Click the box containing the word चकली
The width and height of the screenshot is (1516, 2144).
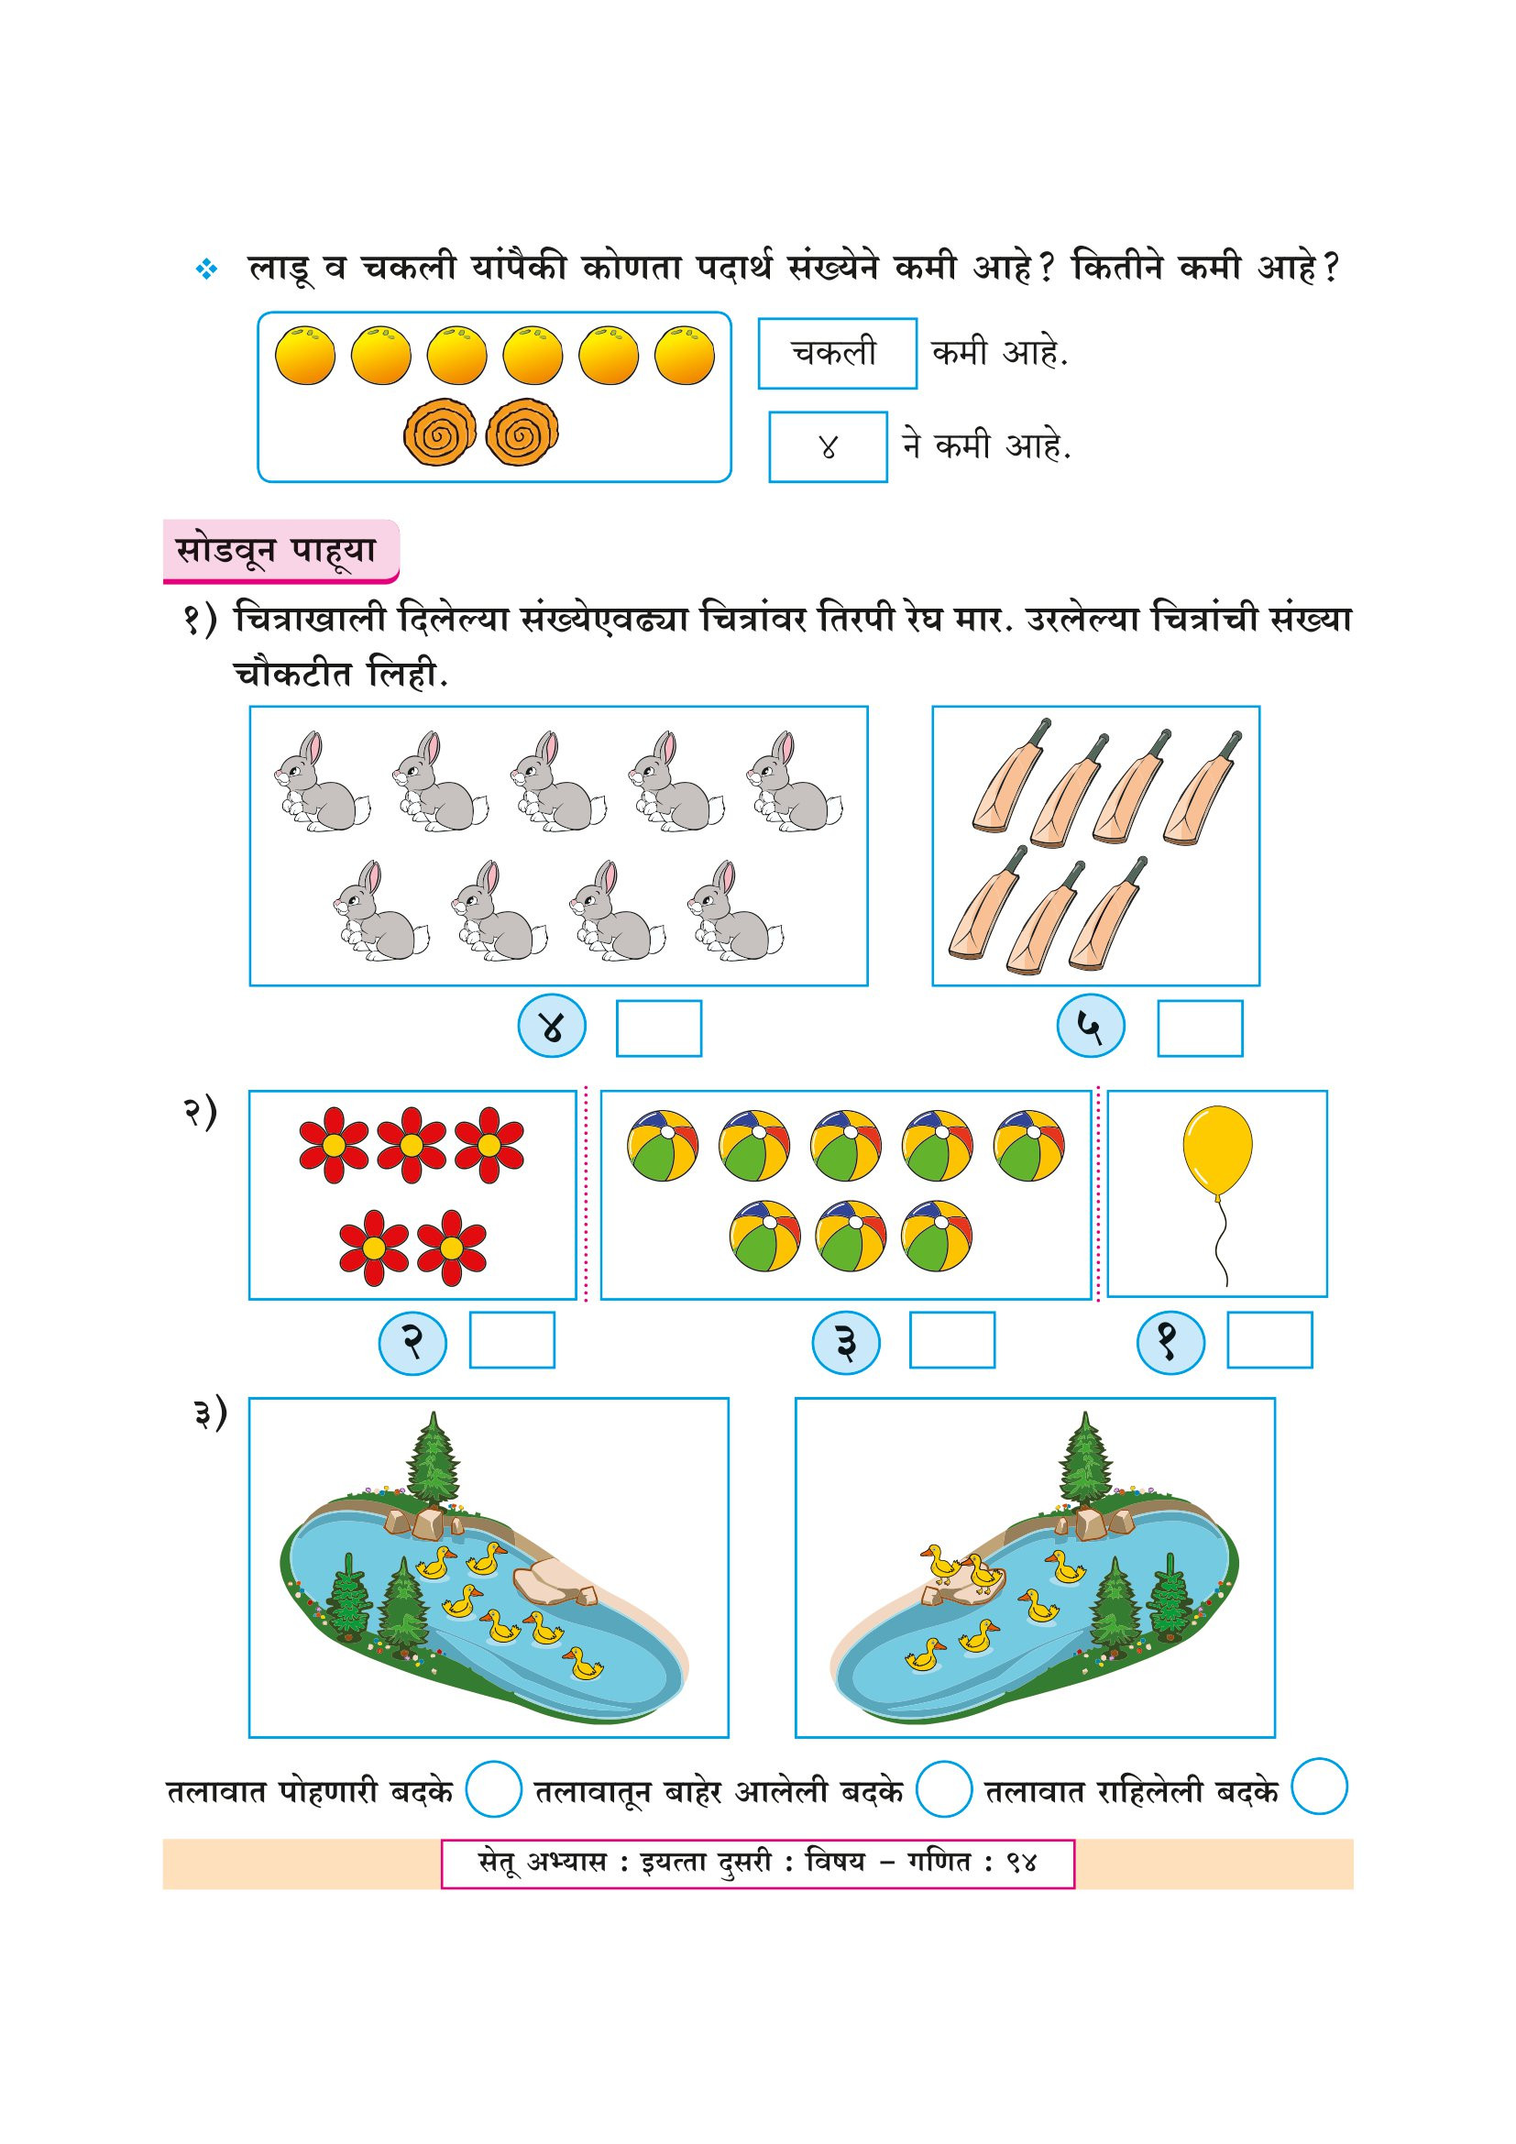[837, 353]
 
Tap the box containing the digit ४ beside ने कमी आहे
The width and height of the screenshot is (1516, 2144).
[827, 447]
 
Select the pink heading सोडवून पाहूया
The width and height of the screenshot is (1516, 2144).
[280, 551]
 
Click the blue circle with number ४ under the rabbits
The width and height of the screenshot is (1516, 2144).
[552, 1027]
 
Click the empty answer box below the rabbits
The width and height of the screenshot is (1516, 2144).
[658, 1028]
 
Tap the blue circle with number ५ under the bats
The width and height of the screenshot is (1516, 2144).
[1090, 1027]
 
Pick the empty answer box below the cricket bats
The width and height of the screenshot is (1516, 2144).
[1200, 1028]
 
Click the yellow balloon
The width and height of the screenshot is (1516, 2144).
[1216, 1150]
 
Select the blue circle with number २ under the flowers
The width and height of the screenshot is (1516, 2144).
[412, 1343]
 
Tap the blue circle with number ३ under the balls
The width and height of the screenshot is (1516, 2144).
[846, 1343]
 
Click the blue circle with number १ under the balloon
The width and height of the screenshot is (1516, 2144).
[1170, 1343]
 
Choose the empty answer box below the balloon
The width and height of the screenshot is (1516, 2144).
[1269, 1340]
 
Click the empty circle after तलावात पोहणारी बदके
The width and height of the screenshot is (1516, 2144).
[493, 1788]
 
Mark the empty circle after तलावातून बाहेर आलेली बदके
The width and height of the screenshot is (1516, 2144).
[944, 1788]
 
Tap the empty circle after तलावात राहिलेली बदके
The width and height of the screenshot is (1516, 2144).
[1319, 1787]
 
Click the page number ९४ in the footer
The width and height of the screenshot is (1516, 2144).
[1021, 1863]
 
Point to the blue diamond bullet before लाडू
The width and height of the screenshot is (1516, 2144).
[206, 269]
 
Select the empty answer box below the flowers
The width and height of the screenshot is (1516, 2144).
[511, 1340]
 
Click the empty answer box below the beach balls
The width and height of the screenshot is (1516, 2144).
[951, 1340]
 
